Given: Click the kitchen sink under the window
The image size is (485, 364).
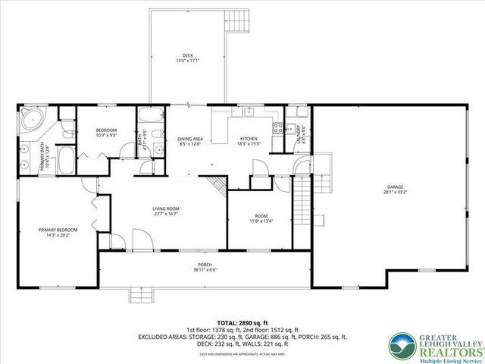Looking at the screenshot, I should point(248,112).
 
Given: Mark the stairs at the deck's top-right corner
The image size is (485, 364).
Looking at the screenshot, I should point(238,20).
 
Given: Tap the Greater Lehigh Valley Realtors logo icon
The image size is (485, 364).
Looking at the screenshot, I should point(403,344).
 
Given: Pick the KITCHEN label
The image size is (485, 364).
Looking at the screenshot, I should point(249,139).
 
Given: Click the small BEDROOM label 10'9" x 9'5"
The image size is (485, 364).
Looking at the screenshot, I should point(105,131).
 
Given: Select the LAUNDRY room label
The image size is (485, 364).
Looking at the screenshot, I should point(302,133).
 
